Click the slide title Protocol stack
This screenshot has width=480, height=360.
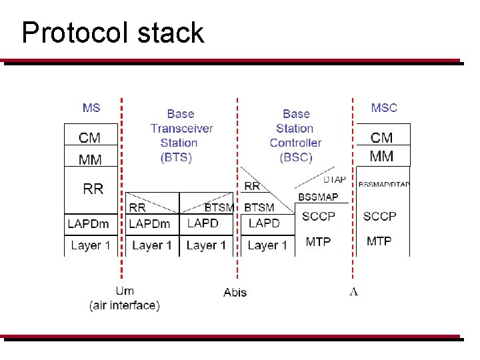[x=113, y=33]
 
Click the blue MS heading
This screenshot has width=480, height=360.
[x=91, y=107]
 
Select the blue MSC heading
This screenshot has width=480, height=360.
[x=384, y=107]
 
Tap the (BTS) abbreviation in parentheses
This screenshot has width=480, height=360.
[x=177, y=157]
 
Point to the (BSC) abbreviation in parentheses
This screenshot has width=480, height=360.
[x=296, y=157]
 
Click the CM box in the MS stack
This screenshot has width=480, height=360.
[x=90, y=138]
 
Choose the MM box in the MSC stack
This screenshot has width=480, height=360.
[x=381, y=157]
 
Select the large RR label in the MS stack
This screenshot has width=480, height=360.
[x=93, y=189]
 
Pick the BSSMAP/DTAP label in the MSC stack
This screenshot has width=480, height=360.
[x=384, y=185]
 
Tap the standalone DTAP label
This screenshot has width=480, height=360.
[x=335, y=180]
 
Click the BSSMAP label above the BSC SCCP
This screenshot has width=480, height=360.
[x=318, y=197]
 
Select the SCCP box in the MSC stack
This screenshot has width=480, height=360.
[x=379, y=216]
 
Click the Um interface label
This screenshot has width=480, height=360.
[x=125, y=291]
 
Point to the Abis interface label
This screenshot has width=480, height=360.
[x=235, y=292]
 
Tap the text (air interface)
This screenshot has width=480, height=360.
[x=125, y=306]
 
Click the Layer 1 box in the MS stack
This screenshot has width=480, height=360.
[x=90, y=245]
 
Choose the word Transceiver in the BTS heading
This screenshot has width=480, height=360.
[x=181, y=128]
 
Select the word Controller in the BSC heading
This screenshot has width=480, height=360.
[x=295, y=143]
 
